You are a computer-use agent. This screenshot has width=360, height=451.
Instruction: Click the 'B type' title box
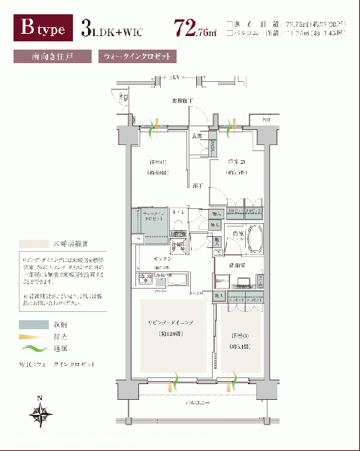point(42,29)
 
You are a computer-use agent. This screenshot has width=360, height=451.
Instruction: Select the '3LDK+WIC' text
point(112,30)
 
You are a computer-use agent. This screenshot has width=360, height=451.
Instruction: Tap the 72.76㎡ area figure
point(194,29)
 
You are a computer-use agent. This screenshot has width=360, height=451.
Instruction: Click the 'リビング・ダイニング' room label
point(171,322)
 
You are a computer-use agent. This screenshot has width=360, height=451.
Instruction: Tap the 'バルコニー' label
point(198,404)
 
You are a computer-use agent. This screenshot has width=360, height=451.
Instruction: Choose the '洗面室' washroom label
point(244,266)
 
